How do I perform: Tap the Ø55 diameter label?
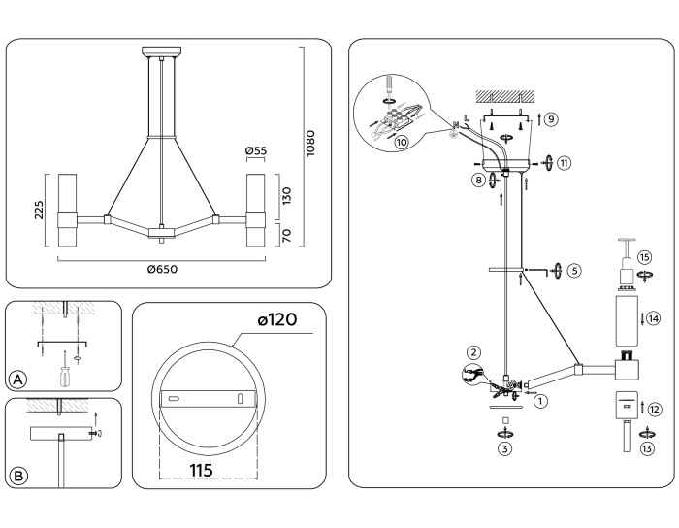point(256,152)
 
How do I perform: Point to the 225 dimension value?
point(40,211)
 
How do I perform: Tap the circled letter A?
point(16,379)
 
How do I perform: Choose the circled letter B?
point(16,476)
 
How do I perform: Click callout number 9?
point(550,119)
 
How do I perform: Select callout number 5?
point(575,271)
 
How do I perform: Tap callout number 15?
point(644,259)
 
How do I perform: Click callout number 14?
point(653,318)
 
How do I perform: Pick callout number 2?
point(472,351)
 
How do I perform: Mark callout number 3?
point(505,449)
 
